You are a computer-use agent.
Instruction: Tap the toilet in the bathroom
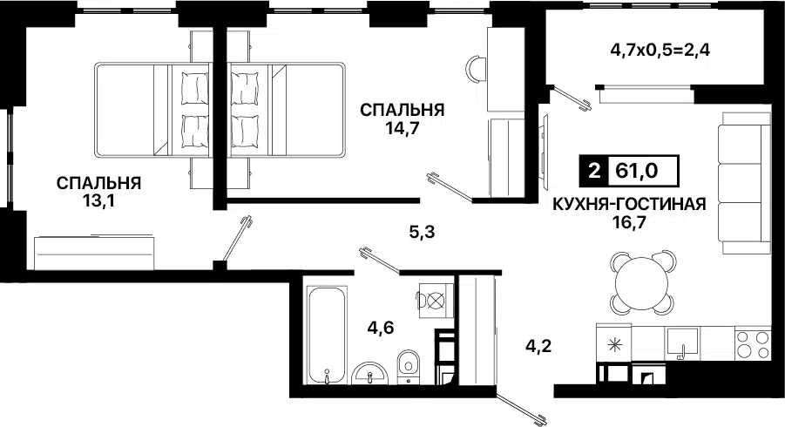point(407,367)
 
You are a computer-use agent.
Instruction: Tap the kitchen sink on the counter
point(684,341)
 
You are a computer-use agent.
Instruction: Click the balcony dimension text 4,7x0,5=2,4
point(661,49)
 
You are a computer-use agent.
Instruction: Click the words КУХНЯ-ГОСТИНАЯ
point(627,206)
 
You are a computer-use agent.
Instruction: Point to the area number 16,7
point(627,224)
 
